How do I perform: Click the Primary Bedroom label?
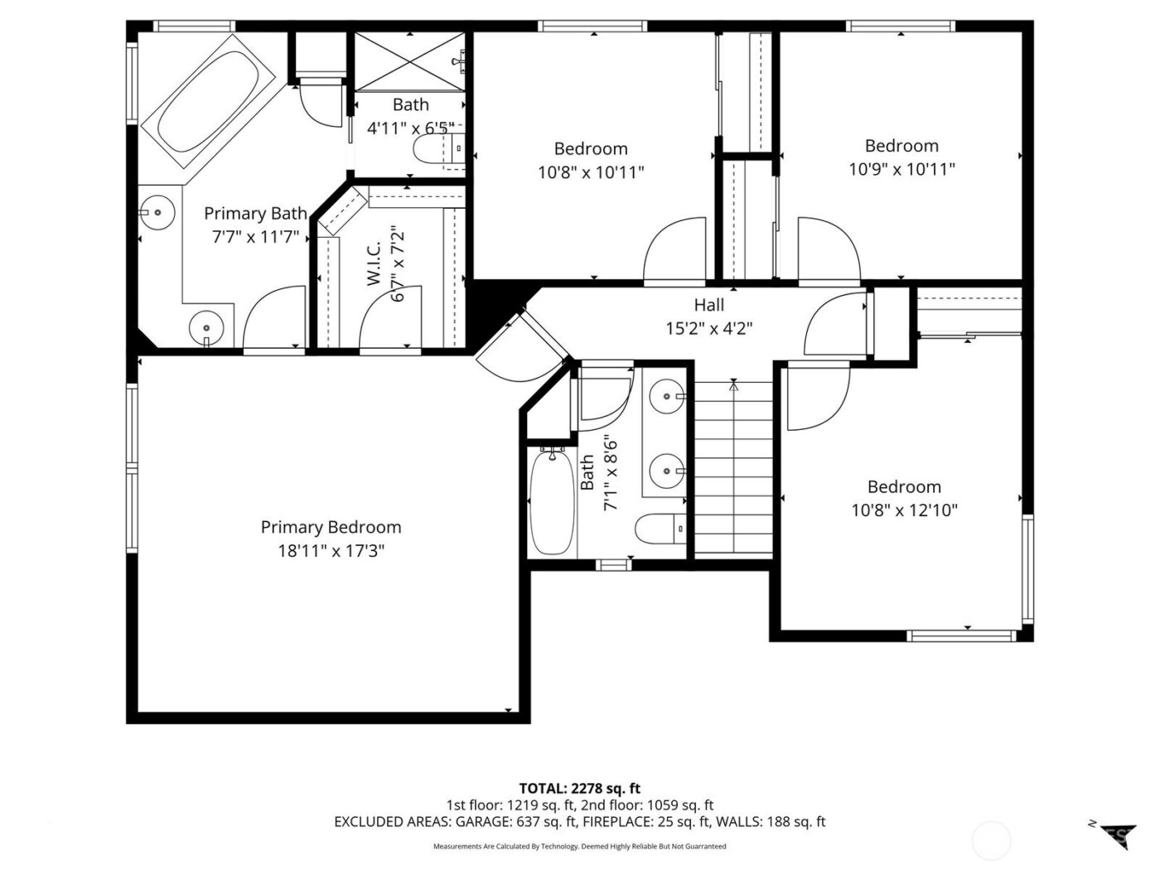coord(331,527)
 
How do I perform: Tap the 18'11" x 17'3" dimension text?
coord(331,550)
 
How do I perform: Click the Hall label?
coord(708,305)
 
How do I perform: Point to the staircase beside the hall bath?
coord(733,468)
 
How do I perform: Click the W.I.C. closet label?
coord(374,264)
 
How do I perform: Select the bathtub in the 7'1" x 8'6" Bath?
coord(551,503)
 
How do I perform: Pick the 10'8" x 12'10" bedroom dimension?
coord(904,510)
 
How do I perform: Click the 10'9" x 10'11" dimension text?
coord(901,169)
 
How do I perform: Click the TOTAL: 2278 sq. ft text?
coord(579,788)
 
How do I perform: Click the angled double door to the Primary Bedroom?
coord(522,348)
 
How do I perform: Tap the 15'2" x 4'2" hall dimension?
coord(708,328)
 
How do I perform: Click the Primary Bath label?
coord(255,214)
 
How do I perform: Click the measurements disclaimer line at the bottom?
coord(579,846)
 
